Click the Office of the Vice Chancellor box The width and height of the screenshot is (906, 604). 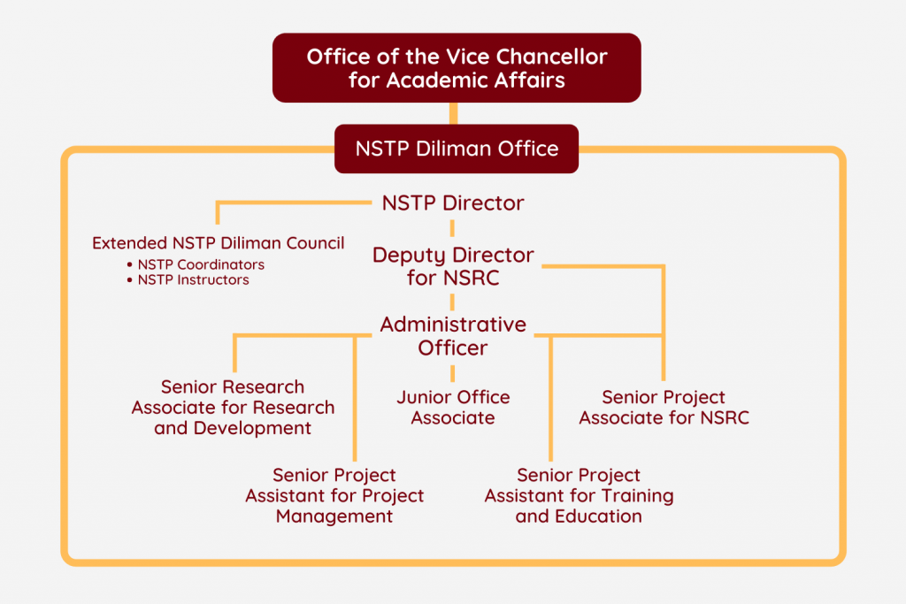[x=457, y=67]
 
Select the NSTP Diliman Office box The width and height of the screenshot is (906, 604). [x=457, y=149]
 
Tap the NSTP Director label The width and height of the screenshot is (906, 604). [x=453, y=203]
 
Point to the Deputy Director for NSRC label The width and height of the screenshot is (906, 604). [x=453, y=266]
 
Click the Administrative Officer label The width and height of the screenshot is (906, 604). [x=453, y=336]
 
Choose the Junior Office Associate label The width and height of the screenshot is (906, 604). [x=453, y=407]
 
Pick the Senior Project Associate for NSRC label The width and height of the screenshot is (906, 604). [x=664, y=407]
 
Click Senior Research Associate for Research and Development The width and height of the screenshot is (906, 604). [x=233, y=407]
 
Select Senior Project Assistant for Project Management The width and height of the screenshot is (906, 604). [x=334, y=495]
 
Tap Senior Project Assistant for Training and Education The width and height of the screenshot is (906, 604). [x=579, y=495]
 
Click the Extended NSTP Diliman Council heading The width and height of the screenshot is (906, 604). [x=219, y=243]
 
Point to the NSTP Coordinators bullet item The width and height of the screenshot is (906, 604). [x=196, y=264]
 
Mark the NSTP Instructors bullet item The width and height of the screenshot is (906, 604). [x=188, y=280]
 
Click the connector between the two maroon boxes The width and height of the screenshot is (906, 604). [x=454, y=114]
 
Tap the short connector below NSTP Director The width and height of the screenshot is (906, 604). [x=452, y=228]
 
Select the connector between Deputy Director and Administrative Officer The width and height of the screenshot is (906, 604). [x=452, y=302]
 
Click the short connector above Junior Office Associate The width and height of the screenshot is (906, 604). [x=452, y=373]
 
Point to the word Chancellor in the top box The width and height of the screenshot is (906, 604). [x=551, y=57]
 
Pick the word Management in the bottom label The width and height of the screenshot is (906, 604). [x=334, y=516]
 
